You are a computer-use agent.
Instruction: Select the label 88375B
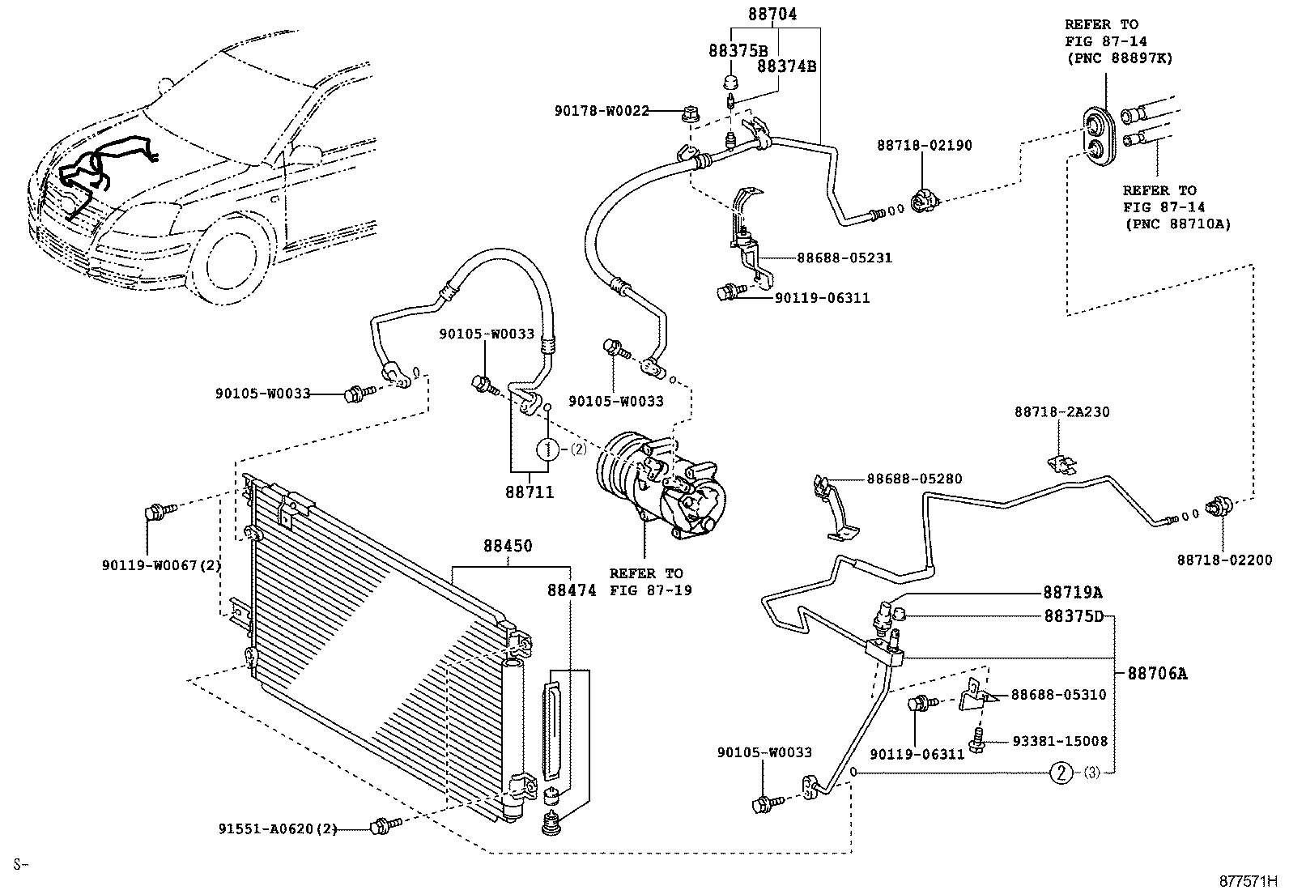[x=738, y=50]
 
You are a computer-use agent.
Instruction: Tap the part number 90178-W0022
[x=602, y=111]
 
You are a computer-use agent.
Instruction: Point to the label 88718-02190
[x=924, y=146]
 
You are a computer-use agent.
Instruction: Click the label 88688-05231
[x=844, y=258]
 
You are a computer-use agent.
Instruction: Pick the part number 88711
[x=530, y=492]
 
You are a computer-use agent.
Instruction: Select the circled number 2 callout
[x=1061, y=773]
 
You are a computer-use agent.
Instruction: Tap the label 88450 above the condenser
[x=508, y=546]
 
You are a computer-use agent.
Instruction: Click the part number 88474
[x=570, y=591]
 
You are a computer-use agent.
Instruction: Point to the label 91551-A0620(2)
[x=277, y=828]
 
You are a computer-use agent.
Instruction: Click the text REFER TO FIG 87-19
[x=645, y=581]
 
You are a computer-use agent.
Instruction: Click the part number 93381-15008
[x=1059, y=741]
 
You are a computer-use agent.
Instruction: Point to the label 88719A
[x=1072, y=592]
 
